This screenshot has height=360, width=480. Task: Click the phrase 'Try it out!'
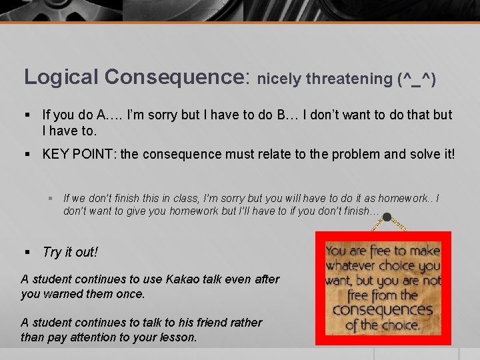(x=70, y=252)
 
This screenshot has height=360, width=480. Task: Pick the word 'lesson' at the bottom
(x=177, y=337)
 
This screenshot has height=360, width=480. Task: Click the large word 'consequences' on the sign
(x=383, y=311)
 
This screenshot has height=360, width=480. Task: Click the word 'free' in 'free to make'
(x=377, y=251)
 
